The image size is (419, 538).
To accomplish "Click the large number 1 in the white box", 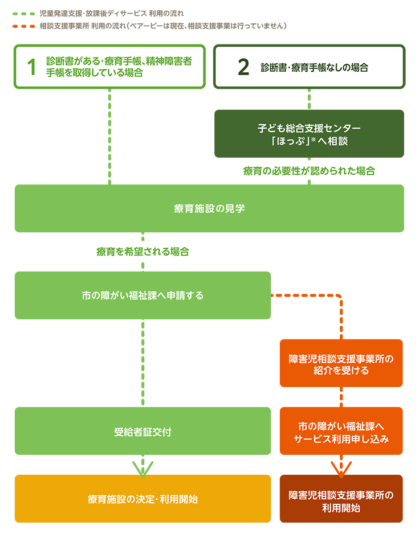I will tap(31, 67).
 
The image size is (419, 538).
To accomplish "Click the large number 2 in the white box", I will tap(243, 67).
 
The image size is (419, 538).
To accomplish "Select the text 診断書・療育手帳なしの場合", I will tap(314, 67).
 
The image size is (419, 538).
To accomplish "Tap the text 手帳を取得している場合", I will tap(94, 73).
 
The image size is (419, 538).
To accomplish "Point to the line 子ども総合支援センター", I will tap(309, 129).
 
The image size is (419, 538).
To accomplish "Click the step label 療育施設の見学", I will tap(209, 208).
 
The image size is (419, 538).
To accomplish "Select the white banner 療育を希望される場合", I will tap(143, 251).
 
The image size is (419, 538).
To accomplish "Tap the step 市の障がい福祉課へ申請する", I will tap(143, 295).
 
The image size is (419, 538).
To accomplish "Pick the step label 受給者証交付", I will tap(143, 432).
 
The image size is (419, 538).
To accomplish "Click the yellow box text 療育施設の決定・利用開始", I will tap(143, 499).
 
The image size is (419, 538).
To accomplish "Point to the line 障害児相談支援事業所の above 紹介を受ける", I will tap(341, 359).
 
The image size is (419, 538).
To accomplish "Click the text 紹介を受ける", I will tap(341, 371).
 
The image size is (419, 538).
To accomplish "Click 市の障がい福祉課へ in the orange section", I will tap(341, 426).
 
